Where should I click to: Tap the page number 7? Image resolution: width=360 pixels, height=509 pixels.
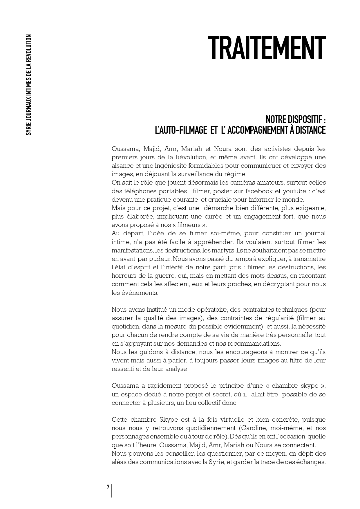(108, 487)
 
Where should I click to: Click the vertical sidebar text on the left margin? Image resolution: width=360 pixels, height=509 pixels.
(28, 85)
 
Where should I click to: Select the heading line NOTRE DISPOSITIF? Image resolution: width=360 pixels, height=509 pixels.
(296, 120)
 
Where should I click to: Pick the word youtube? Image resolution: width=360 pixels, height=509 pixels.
(298, 191)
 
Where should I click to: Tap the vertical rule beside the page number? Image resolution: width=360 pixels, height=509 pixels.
(112, 490)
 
